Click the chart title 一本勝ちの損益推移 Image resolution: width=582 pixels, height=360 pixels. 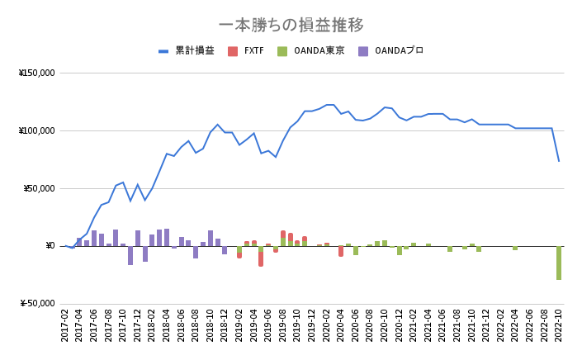[291, 25]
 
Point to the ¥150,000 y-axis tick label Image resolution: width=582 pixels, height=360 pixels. [36, 73]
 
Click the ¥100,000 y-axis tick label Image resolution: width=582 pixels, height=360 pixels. [36, 130]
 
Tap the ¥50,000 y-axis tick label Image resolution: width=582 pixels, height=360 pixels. [39, 188]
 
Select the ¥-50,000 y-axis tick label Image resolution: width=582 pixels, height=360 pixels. [37, 303]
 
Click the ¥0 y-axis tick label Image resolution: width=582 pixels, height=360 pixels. [48, 246]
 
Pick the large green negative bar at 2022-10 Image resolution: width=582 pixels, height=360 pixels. [559, 263]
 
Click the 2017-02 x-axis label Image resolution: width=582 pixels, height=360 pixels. [65, 325]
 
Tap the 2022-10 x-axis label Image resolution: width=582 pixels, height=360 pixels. [559, 325]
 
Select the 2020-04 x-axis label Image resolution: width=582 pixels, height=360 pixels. [341, 325]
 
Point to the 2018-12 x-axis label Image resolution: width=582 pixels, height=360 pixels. [225, 325]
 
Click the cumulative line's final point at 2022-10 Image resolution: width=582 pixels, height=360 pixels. [559, 160]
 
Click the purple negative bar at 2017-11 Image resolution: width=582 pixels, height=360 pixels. [130, 255]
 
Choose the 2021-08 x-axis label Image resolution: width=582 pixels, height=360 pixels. [457, 325]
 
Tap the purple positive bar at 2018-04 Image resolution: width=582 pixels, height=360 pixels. [167, 237]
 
